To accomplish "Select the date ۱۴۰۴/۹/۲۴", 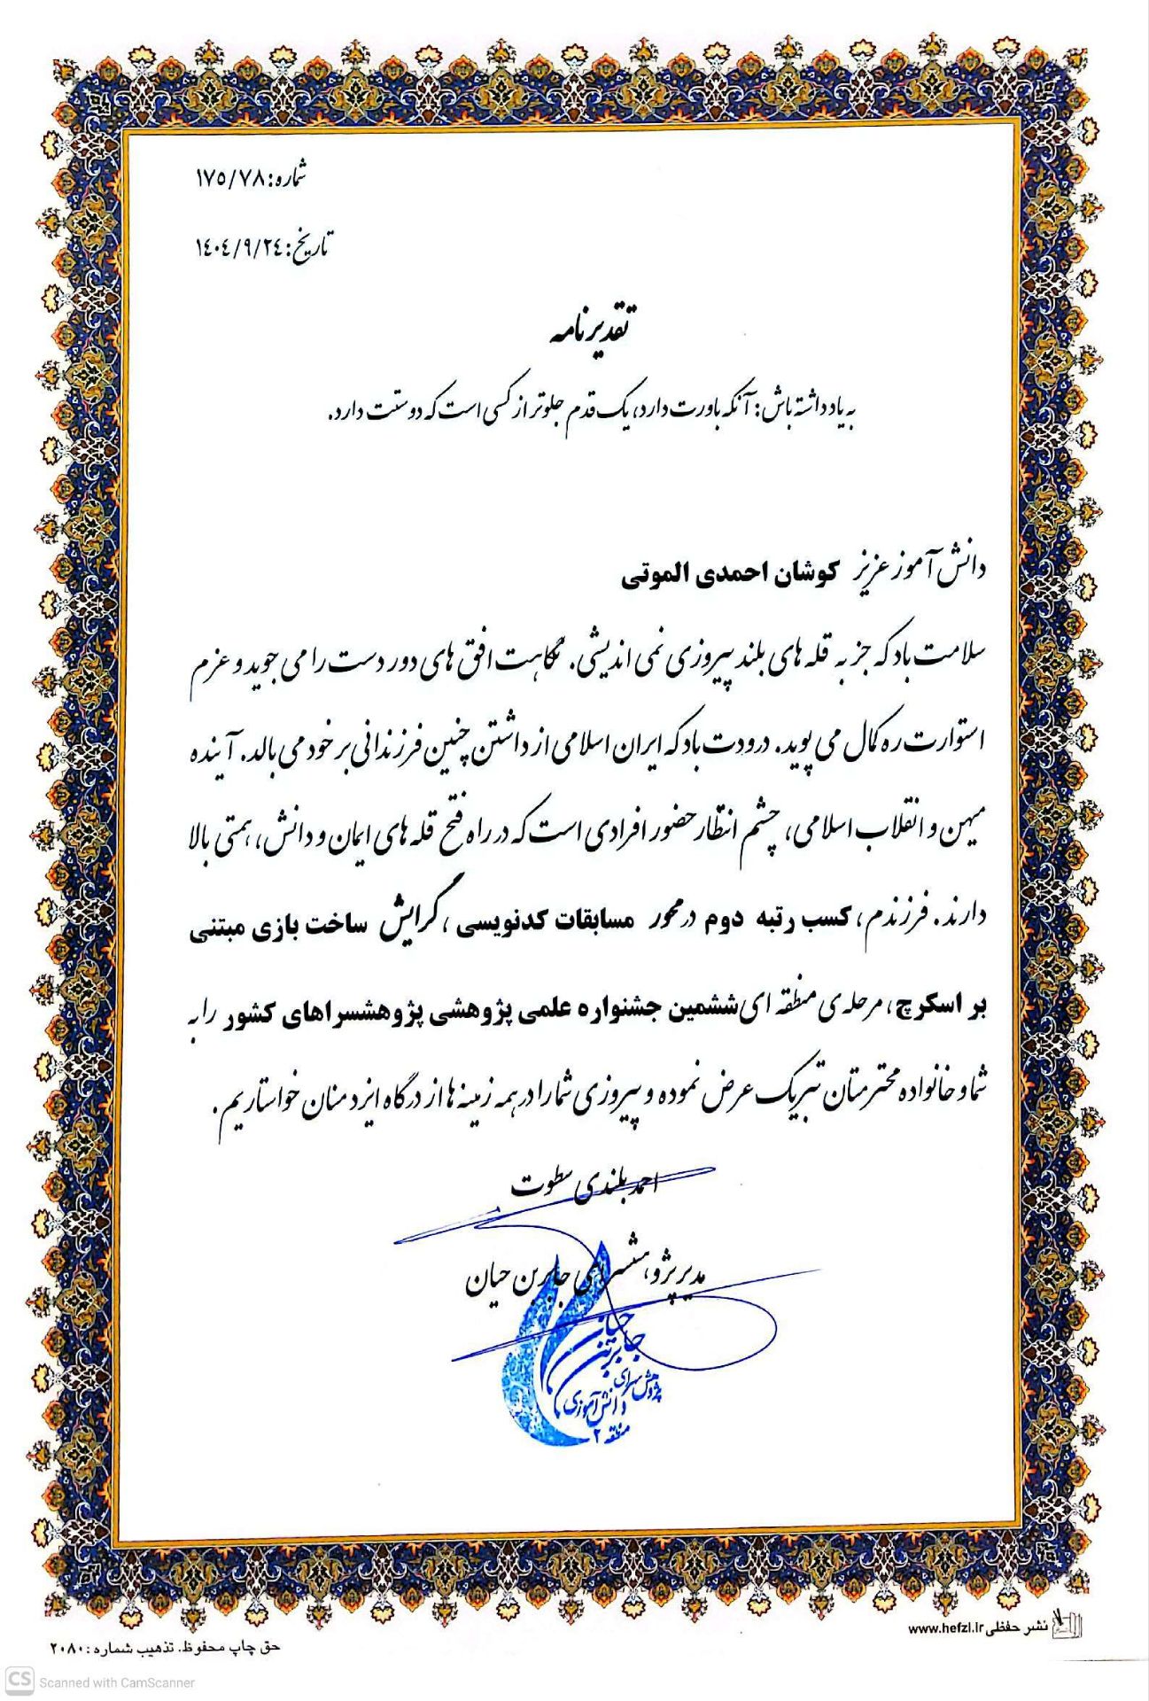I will click(237, 249).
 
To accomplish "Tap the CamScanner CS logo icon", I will click(19, 1681).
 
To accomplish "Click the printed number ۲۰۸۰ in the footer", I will click(66, 1648).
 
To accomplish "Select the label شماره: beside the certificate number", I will click(287, 177).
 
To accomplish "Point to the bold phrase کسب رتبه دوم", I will click(771, 922).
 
